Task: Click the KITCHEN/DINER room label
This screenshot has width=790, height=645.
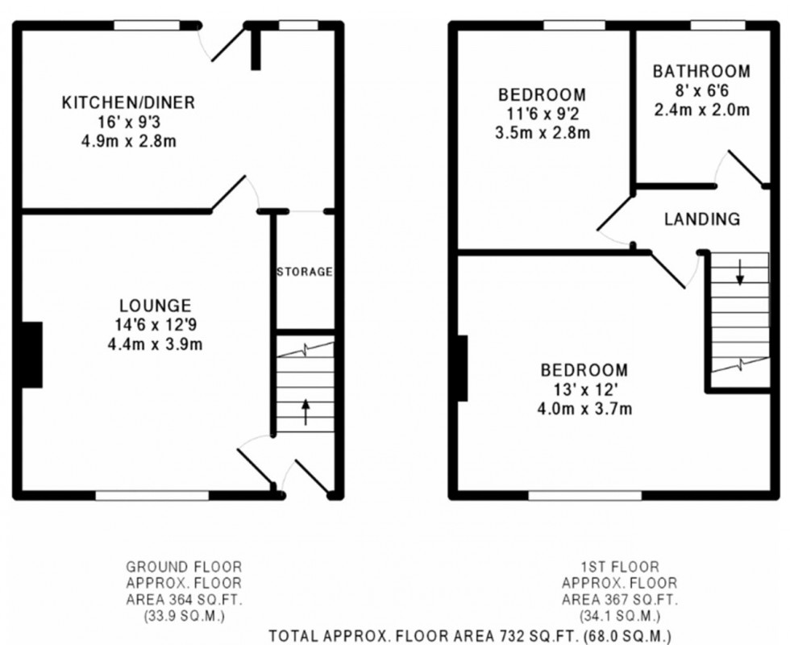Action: pyautogui.click(x=128, y=102)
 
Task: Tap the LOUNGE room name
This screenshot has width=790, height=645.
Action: pyautogui.click(x=155, y=306)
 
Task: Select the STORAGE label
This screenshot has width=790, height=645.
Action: pyautogui.click(x=305, y=273)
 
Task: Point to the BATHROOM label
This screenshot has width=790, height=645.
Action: pyautogui.click(x=701, y=71)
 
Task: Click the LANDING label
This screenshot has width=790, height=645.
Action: pyautogui.click(x=702, y=219)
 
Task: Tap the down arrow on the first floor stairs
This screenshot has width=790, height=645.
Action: pyautogui.click(x=740, y=273)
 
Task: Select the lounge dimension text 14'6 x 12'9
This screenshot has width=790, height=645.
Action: pyautogui.click(x=155, y=324)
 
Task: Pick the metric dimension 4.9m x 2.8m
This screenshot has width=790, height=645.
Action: pyautogui.click(x=128, y=141)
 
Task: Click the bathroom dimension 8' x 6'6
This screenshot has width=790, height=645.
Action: pyautogui.click(x=701, y=90)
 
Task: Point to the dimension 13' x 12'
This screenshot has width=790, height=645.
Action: pyautogui.click(x=584, y=389)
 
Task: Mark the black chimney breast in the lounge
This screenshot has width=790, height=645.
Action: pyautogui.click(x=31, y=355)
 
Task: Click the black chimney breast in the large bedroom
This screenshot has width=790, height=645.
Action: pyautogui.click(x=463, y=368)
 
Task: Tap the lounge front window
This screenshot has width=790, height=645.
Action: pyautogui.click(x=152, y=496)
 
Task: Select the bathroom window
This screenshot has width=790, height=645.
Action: pyautogui.click(x=717, y=25)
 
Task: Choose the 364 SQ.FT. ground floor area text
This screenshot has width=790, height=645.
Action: pyautogui.click(x=184, y=600)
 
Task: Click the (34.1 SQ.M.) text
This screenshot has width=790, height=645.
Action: pyautogui.click(x=619, y=616)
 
